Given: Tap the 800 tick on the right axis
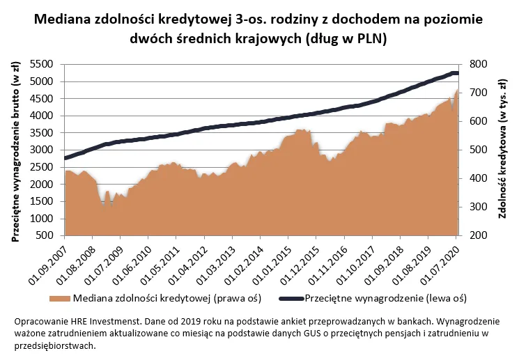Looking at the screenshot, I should tap(478, 64).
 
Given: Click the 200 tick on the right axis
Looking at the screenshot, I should tap(478, 236).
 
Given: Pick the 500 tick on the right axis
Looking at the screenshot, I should tap(478, 150).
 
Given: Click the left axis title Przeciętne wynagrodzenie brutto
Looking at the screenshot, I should tap(15, 150).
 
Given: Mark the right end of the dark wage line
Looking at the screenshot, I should tap(456, 74).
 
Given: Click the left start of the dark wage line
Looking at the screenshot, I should tap(65, 158).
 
